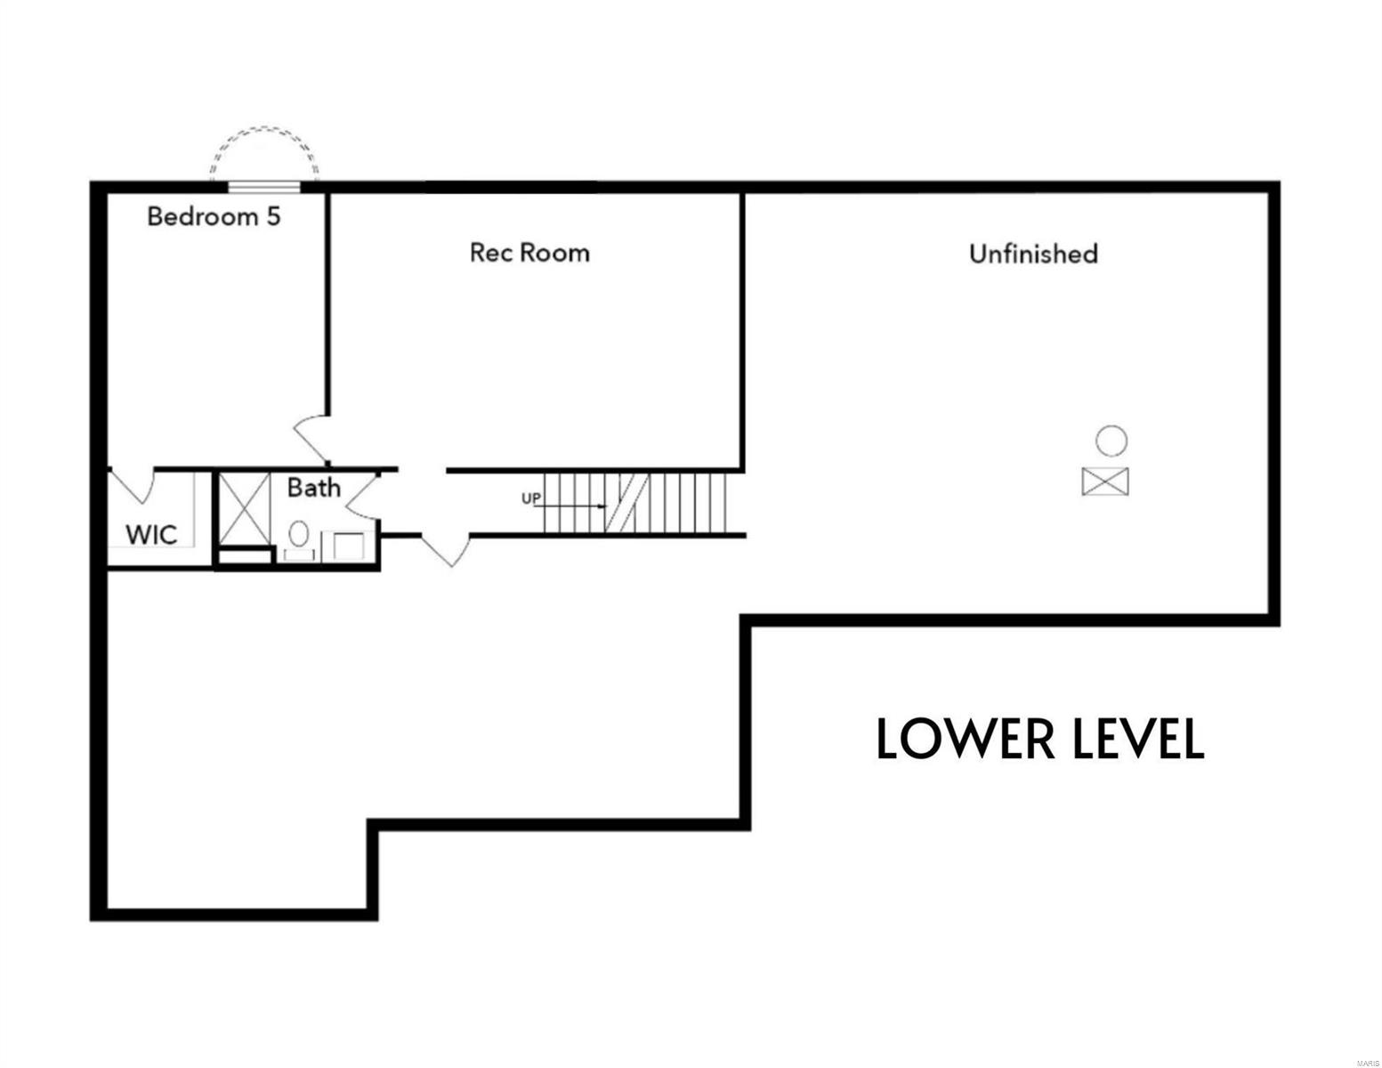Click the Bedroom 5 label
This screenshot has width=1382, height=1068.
(214, 216)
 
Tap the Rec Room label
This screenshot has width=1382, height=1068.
(529, 253)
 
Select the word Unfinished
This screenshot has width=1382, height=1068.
(1033, 254)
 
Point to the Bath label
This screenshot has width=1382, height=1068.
(313, 488)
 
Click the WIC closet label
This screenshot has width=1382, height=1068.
(151, 535)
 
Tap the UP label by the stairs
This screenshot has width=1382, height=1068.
(530, 498)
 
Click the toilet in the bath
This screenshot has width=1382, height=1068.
(298, 536)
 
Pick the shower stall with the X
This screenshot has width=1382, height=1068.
(244, 508)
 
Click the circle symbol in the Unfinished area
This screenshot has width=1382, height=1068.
(1111, 441)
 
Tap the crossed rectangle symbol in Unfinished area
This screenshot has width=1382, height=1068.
(1105, 481)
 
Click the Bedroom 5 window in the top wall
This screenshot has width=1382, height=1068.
(263, 186)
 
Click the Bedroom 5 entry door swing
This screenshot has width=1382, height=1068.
(312, 436)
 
